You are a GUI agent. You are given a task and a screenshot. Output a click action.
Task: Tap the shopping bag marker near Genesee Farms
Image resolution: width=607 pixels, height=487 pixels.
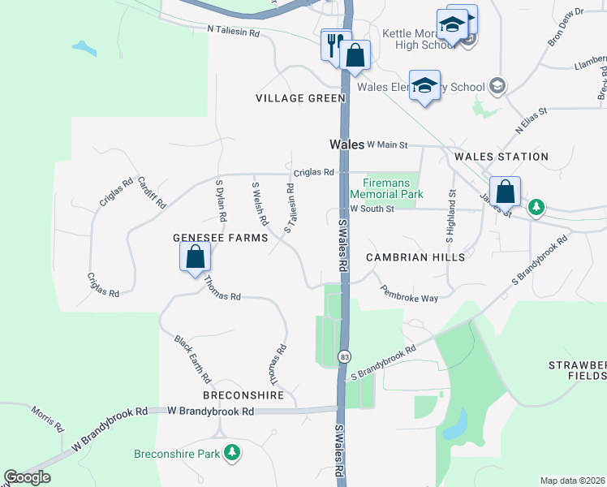tap(195, 258)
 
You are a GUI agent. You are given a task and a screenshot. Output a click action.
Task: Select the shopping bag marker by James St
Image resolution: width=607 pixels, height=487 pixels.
tap(505, 192)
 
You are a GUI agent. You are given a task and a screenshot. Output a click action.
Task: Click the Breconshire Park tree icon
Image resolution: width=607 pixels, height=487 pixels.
tap(233, 452)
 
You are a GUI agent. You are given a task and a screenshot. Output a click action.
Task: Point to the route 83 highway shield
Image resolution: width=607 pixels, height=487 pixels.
tap(346, 356)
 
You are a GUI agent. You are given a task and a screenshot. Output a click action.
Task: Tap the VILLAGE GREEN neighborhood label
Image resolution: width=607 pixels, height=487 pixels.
tap(300, 98)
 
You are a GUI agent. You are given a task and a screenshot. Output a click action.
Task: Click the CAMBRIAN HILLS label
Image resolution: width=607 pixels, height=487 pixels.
tap(415, 256)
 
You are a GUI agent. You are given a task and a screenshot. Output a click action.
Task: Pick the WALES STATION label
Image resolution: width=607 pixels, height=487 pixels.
tap(502, 157)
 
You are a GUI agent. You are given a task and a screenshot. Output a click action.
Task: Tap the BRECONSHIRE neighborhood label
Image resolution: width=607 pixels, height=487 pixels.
tap(244, 395)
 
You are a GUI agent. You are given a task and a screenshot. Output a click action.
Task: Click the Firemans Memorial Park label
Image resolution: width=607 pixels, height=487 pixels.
tap(387, 189)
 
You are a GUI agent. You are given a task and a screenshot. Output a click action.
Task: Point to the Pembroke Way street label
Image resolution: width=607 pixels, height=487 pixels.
tap(409, 293)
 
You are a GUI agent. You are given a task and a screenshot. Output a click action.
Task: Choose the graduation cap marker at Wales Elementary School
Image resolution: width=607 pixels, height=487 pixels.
tap(424, 86)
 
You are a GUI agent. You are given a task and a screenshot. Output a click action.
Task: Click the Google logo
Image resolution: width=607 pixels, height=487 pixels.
tap(28, 477)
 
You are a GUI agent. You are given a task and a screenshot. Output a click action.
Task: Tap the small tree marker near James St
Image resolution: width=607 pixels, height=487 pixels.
tap(536, 208)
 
